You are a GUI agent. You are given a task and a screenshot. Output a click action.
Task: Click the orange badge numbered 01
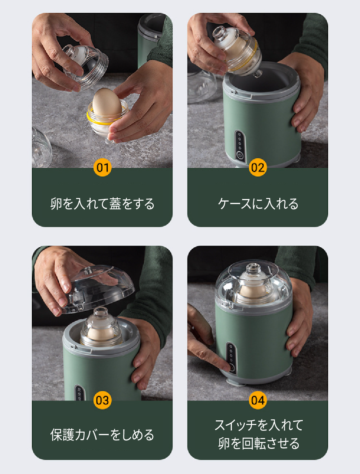(103, 167)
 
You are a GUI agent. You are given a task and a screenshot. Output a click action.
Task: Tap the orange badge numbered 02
(258, 167)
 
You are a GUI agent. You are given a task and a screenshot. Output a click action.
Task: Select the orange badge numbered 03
(103, 400)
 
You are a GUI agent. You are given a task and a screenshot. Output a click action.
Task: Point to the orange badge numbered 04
(258, 400)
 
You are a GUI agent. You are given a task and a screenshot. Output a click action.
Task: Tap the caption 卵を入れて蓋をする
(102, 204)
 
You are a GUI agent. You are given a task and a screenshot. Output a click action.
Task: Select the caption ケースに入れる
(258, 204)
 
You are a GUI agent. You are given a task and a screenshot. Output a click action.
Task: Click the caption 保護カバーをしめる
(102, 435)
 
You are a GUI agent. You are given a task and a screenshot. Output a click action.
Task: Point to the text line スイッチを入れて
(259, 425)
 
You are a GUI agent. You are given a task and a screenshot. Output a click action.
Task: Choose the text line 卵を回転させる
(259, 443)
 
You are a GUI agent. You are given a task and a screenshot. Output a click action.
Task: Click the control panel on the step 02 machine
(240, 146)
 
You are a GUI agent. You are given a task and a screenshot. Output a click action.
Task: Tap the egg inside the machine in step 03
(101, 334)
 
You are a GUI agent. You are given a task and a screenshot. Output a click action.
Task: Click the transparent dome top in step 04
(254, 283)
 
